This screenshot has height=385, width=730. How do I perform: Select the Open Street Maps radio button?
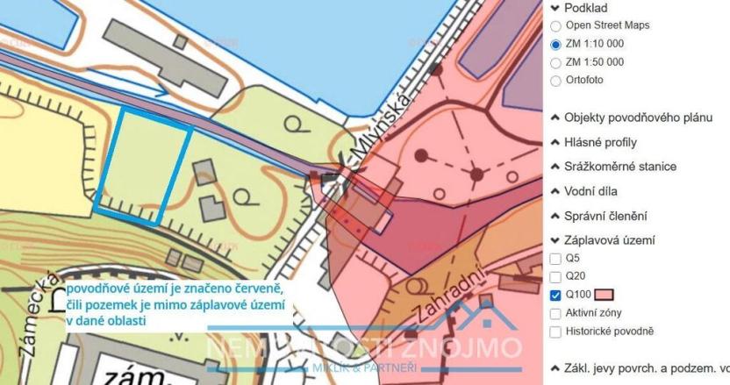555,25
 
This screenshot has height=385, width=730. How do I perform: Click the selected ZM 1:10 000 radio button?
555,44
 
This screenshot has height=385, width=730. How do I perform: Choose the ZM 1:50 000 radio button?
555,62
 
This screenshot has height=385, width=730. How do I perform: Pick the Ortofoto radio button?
555,81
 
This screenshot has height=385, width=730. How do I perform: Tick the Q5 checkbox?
555,259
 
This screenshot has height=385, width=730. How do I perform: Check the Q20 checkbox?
555,276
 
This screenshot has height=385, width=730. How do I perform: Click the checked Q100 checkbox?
555,295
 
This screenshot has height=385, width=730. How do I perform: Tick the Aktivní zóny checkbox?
555,313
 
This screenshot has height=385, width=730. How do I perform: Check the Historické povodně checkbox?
555,331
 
